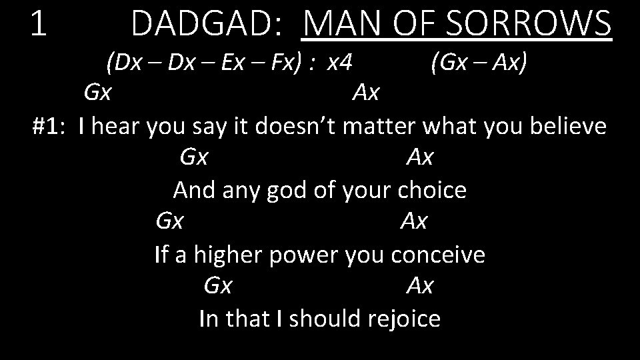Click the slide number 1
pyautogui.click(x=39, y=24)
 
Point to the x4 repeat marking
pyautogui.click(x=339, y=63)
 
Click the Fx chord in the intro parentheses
pyautogui.click(x=293, y=63)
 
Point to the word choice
pyautogui.click(x=431, y=190)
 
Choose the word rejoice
pyautogui.click(x=404, y=319)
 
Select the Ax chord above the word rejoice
pyautogui.click(x=419, y=286)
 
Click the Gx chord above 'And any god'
pyautogui.click(x=193, y=158)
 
